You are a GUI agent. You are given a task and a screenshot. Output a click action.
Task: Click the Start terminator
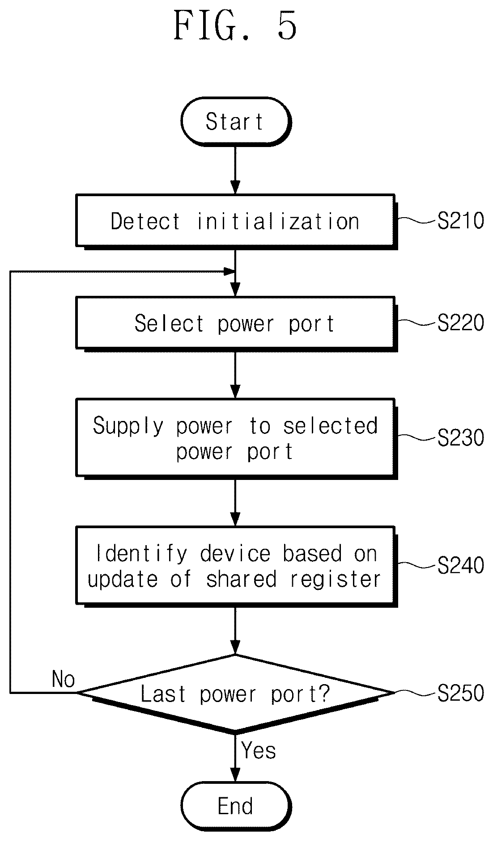(x=236, y=122)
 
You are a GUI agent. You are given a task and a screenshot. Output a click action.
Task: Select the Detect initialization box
(x=236, y=221)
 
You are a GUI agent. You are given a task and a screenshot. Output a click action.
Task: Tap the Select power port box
(x=236, y=323)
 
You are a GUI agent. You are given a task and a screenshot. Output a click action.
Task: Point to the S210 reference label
(x=461, y=221)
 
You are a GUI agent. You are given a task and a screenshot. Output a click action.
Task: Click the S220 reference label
(x=461, y=323)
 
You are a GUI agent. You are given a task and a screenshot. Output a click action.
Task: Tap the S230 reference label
(x=461, y=437)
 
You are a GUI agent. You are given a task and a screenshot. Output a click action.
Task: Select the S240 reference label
(x=461, y=565)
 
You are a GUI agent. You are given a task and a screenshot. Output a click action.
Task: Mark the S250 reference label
(x=461, y=693)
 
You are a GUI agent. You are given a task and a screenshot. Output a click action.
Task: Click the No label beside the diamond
(x=64, y=679)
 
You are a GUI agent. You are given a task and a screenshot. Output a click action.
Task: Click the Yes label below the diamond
(x=259, y=750)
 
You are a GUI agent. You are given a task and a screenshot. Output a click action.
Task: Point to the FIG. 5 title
(x=235, y=25)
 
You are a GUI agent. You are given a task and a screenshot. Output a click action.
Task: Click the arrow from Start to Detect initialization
(x=235, y=170)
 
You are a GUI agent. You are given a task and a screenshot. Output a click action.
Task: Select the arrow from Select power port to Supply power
(x=235, y=374)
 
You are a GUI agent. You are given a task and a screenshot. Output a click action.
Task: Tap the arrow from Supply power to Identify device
(x=235, y=502)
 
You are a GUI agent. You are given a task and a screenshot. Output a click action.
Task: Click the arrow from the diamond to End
(x=235, y=758)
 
